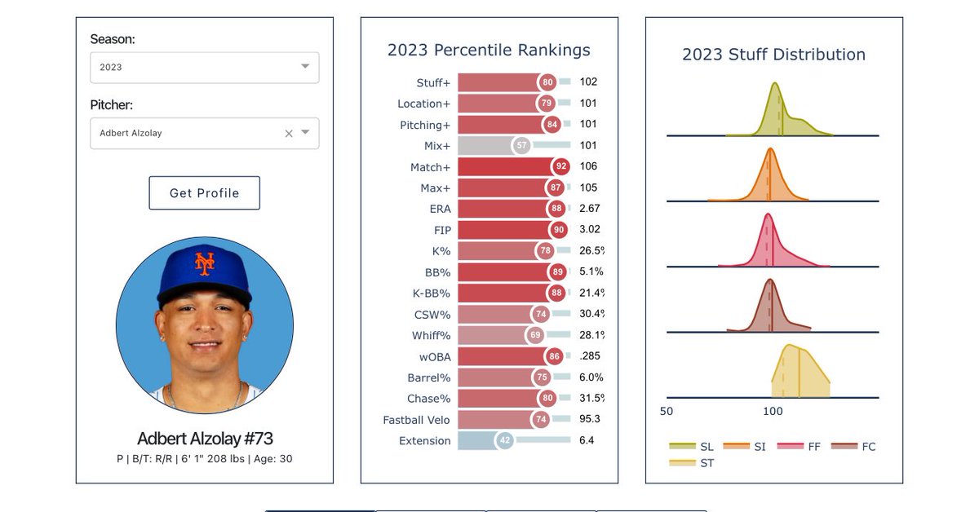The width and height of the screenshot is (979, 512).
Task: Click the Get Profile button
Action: click(x=204, y=193)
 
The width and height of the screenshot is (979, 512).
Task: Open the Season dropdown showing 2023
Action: click(x=204, y=68)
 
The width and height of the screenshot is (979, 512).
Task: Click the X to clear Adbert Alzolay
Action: click(x=288, y=133)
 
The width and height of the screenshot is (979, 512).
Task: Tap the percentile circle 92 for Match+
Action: click(x=560, y=167)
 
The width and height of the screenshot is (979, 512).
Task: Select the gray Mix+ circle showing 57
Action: click(x=521, y=146)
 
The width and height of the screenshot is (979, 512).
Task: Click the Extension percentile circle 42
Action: click(x=505, y=440)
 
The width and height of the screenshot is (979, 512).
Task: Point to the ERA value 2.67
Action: click(x=589, y=209)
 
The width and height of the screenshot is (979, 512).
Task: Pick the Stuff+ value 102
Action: click(x=588, y=82)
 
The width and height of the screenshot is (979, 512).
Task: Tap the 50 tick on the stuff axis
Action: click(x=667, y=412)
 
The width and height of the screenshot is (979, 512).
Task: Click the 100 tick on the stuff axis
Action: click(x=773, y=412)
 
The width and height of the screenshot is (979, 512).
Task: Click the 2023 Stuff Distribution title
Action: click(x=773, y=55)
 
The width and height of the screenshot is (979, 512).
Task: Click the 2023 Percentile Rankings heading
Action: click(x=489, y=51)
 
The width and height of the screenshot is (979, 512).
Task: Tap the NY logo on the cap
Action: click(x=204, y=263)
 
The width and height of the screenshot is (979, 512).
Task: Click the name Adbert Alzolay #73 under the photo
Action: click(x=205, y=439)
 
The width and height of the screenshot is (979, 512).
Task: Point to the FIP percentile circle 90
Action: click(x=558, y=230)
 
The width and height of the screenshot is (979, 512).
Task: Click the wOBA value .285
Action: click(x=589, y=356)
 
